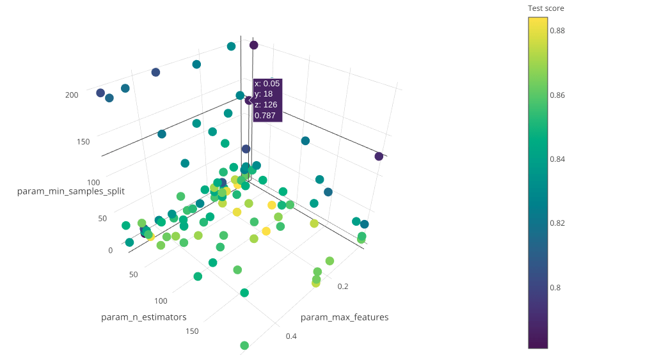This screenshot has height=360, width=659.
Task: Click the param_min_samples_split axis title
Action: pos(71,191)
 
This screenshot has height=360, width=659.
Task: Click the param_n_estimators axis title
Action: pos(144,317)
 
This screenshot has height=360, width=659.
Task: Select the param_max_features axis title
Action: pos(344,317)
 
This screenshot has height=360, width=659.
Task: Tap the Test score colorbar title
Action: pos(546,8)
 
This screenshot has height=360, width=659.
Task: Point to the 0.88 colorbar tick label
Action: pos(558,31)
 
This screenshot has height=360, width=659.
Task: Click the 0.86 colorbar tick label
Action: pos(558,95)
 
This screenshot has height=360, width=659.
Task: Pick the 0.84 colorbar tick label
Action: pos(558,159)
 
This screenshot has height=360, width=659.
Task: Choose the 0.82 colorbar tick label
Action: pos(558,223)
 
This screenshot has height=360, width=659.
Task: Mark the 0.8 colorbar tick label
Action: pos(555,288)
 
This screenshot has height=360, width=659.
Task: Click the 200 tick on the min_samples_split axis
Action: pos(72,95)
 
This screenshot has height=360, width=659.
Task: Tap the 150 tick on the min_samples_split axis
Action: pos(84,141)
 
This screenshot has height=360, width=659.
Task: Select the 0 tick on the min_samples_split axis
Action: pos(110,250)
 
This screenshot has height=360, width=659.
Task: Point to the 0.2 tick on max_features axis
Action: pos(343,286)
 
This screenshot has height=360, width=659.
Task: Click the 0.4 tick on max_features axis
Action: pos(290,336)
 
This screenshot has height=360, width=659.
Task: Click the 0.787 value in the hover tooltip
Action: pos(265,116)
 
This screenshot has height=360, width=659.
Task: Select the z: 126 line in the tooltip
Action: pos(266,105)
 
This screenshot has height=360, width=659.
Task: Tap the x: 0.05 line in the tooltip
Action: pos(267,84)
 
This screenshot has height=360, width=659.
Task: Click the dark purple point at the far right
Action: pos(379,157)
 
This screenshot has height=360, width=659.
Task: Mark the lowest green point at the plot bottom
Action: pos(244,345)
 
